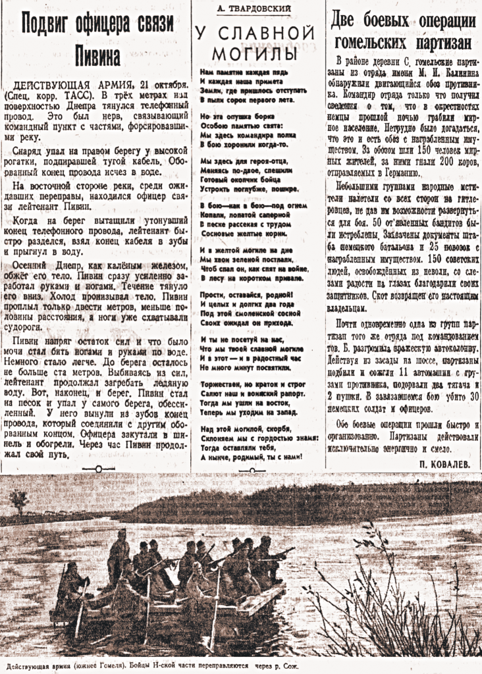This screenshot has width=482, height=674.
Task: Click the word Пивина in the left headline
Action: point(98,53)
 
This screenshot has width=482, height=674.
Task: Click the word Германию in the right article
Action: point(396,173)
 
